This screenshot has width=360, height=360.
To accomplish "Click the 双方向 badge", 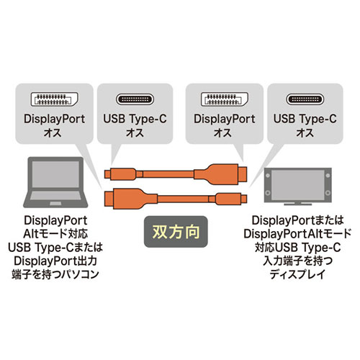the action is [x=176, y=232].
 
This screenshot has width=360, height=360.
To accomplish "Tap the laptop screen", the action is [x=55, y=174].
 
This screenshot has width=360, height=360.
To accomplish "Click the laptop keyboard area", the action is [x=55, y=196].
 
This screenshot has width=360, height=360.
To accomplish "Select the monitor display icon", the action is [x=298, y=186].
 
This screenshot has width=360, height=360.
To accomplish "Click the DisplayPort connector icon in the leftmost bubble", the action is [x=55, y=99].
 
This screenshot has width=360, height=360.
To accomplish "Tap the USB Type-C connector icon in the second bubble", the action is [x=135, y=99].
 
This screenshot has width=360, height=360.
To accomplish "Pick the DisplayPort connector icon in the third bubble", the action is [x=225, y=99].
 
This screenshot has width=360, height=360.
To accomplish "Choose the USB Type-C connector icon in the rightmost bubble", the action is [x=305, y=99].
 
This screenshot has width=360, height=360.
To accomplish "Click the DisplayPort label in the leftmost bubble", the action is [x=55, y=119].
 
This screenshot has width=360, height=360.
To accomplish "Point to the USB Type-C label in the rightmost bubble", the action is [x=305, y=119].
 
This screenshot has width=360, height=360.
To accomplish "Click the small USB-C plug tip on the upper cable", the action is [x=107, y=174].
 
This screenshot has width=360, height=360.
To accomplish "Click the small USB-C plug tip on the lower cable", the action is [x=244, y=199].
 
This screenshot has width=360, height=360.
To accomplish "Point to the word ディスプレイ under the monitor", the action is [x=297, y=274].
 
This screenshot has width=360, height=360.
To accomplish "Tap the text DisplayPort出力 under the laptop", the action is [x=55, y=261].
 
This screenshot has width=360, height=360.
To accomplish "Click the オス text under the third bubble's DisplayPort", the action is [x=222, y=132].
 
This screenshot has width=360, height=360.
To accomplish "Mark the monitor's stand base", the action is [x=298, y=204].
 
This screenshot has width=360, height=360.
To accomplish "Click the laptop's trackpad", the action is [x=55, y=204].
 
